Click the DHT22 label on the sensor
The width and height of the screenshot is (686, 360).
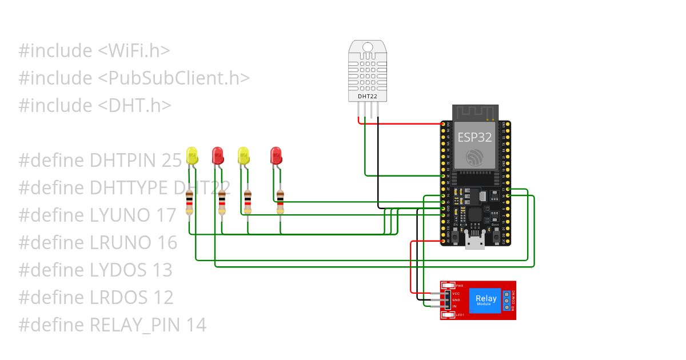(x=367, y=97)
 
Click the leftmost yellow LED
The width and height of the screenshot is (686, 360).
(x=192, y=155)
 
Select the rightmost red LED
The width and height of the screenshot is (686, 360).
(x=276, y=154)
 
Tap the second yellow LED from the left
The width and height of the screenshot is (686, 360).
(x=244, y=155)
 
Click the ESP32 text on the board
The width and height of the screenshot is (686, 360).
(x=474, y=137)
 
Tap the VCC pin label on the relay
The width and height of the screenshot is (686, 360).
(x=456, y=293)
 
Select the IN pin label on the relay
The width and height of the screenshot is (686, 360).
(x=454, y=307)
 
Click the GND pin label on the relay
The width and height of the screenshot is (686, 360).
(x=456, y=300)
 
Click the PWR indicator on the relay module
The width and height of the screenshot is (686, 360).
(x=449, y=285)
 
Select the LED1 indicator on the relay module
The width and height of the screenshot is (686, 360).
(x=449, y=315)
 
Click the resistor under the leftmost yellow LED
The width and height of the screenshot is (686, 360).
(x=190, y=203)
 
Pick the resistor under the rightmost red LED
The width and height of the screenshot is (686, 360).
(x=280, y=202)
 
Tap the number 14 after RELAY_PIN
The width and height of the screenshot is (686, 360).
(x=196, y=325)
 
